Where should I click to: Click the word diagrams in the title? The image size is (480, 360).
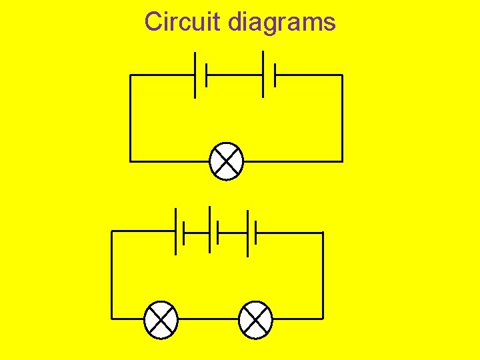[281, 23]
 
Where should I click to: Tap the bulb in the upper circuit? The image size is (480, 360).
[227, 161]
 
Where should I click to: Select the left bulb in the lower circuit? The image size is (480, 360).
[161, 318]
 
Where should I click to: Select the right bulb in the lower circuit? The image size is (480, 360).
[255, 318]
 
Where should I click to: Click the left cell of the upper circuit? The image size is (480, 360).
[201, 75]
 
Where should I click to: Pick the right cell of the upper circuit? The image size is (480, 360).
[269, 75]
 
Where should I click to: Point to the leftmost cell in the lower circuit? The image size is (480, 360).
[179, 232]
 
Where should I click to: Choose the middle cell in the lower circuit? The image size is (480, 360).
[214, 232]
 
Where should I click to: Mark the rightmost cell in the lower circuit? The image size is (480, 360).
[251, 232]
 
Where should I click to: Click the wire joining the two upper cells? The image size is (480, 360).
[235, 75]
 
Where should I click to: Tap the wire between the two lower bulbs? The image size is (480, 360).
[209, 318]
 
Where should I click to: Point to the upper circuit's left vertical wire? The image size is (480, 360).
[130, 118]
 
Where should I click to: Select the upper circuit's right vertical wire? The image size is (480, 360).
[342, 118]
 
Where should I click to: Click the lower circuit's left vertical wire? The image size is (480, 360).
[111, 275]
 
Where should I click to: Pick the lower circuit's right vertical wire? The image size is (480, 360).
[323, 275]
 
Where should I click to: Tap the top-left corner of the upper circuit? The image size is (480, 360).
[130, 75]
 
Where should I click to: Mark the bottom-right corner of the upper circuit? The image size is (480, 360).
[342, 161]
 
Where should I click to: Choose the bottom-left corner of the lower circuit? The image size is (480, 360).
[111, 318]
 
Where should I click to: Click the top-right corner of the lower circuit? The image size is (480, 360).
[323, 233]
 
